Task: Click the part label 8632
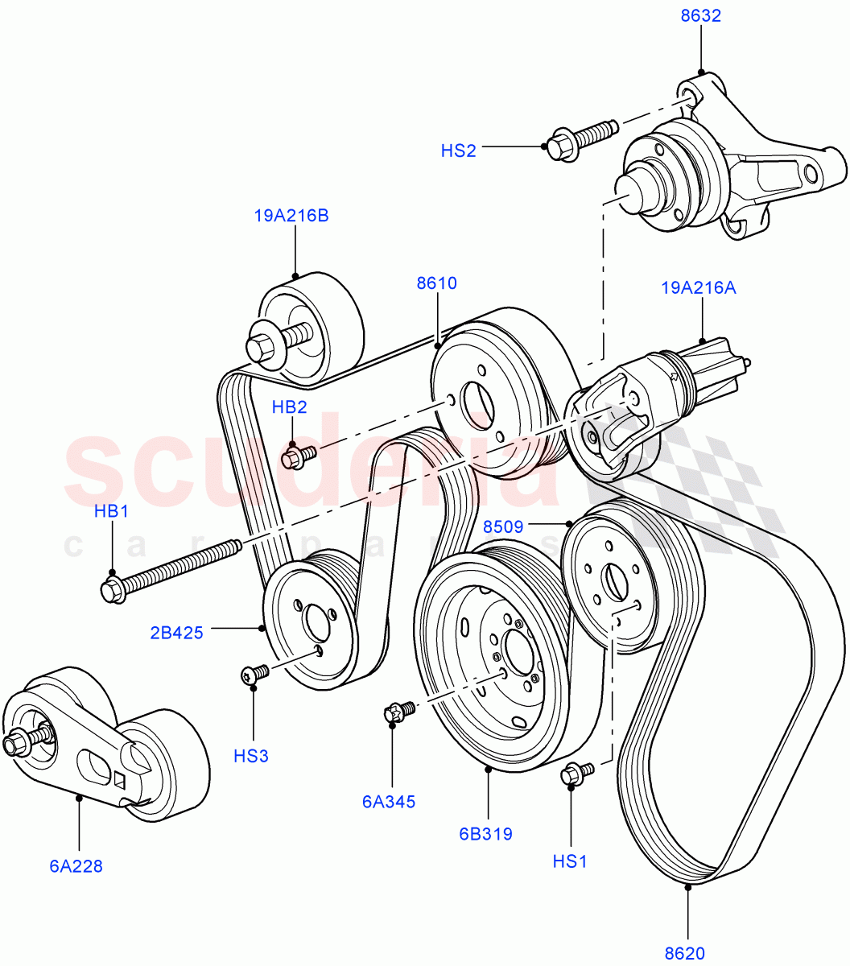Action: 699,15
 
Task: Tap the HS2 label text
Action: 458,150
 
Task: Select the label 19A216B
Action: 291,216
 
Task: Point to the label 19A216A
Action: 699,287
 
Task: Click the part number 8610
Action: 436,283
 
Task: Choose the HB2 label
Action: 289,407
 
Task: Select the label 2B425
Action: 176,633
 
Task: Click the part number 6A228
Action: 76,866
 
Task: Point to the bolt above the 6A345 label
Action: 398,712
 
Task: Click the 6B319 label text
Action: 485,833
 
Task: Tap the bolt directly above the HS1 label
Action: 576,773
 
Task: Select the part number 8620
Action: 685,953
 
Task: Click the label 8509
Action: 504,527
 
